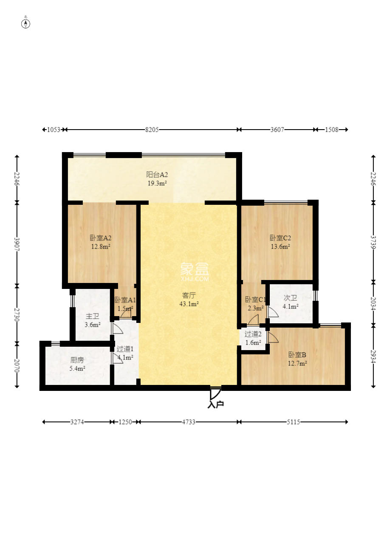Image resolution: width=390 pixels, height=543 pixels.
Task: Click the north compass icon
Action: [x=25, y=23]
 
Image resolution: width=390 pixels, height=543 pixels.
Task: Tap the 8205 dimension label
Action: [x=152, y=130]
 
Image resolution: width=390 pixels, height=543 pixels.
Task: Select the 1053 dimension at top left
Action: [x=54, y=130]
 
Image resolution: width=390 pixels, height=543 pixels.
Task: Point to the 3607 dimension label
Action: [x=277, y=130]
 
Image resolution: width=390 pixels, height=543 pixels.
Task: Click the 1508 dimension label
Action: [x=331, y=130]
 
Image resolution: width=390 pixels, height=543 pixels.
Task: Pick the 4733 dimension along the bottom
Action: [x=189, y=422]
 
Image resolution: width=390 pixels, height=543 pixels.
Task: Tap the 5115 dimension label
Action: [x=293, y=422]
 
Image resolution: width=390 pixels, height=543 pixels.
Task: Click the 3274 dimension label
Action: [x=77, y=422]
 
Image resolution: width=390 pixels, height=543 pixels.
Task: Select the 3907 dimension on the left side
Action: [x=17, y=244]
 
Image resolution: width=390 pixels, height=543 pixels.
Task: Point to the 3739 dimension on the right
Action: [x=373, y=242]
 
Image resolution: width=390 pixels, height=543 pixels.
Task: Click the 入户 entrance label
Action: [x=215, y=404]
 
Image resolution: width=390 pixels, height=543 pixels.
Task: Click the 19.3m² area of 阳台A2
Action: [x=157, y=183]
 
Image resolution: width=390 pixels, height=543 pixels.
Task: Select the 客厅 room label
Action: [x=189, y=295]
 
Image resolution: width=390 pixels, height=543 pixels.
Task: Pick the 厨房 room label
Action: [x=77, y=360]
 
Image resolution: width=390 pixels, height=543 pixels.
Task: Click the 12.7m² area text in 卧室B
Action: [x=297, y=363]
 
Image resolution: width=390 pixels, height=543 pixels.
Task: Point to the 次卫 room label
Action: [x=291, y=298]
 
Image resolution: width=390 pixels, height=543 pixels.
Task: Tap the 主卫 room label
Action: [x=92, y=316]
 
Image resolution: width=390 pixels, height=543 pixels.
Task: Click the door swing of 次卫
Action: [x=273, y=312]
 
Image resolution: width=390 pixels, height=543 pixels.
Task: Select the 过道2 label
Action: [x=253, y=334]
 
